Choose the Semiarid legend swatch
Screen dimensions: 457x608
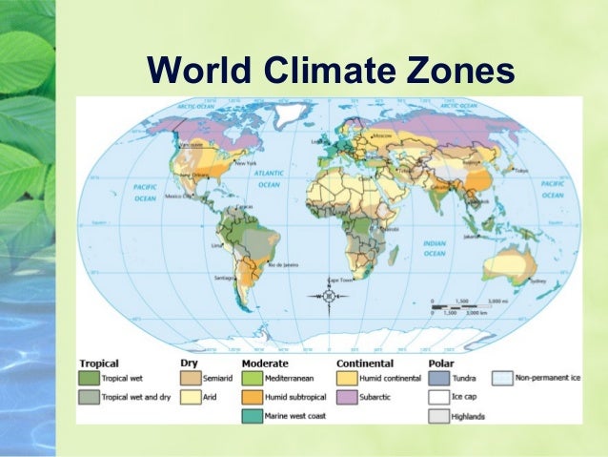[189, 378]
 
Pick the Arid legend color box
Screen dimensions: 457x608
[189, 396]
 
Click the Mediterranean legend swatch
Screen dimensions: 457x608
[252, 378]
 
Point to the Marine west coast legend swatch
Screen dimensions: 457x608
[252, 414]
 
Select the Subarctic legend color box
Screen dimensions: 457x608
[345, 396]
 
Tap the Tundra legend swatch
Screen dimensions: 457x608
[439, 378]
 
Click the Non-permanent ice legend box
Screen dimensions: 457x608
[502, 378]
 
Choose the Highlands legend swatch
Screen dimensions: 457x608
[439, 414]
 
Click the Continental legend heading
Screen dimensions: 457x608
[364, 364]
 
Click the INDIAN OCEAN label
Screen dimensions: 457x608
[435, 248]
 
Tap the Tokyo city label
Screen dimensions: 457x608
[521, 171]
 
